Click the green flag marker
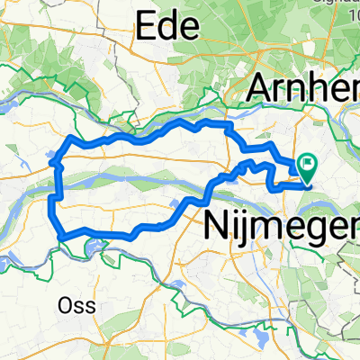click(309, 165)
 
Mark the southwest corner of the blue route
click(61, 237)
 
